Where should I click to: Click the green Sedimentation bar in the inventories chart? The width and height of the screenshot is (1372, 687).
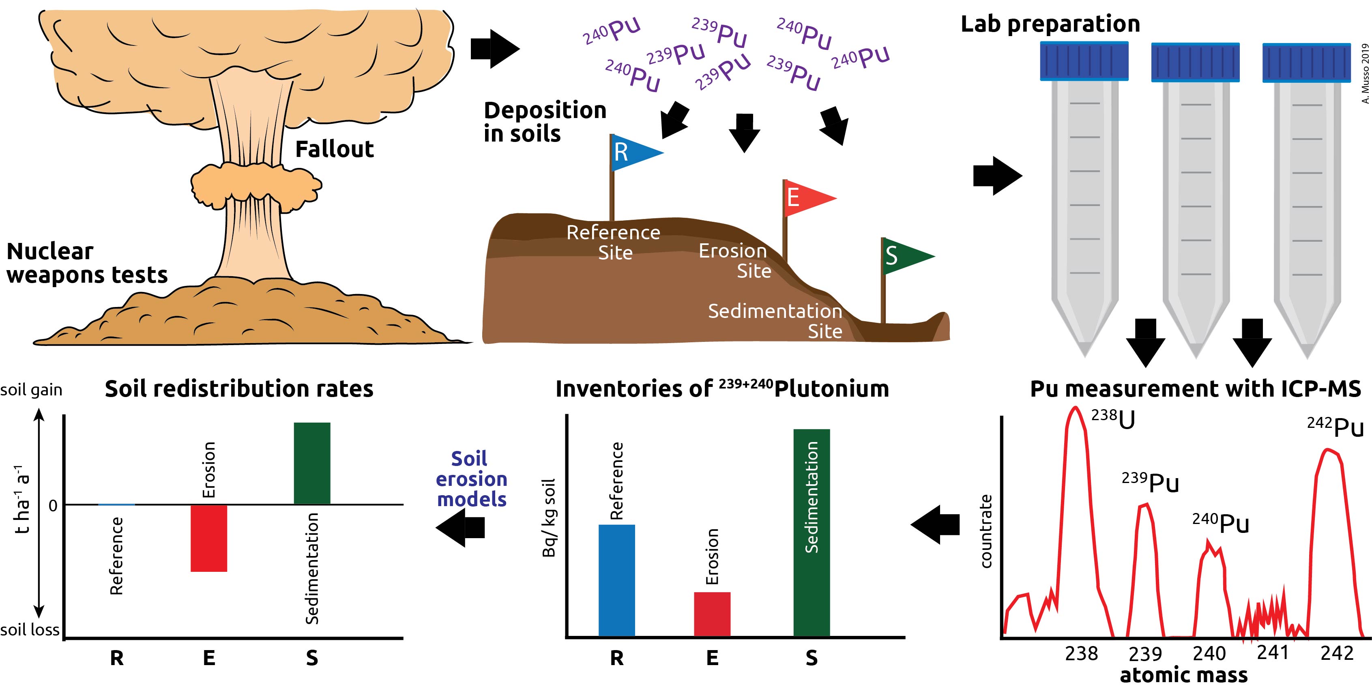point(811,532)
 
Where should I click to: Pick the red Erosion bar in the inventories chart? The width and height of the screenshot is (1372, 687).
point(712,614)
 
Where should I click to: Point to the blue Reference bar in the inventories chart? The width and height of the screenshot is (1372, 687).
point(617,580)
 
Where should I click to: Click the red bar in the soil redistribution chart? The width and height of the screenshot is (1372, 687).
point(209,538)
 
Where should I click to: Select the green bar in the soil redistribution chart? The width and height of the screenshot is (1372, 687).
point(312,463)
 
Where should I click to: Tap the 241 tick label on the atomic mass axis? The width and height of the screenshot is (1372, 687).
point(1272,653)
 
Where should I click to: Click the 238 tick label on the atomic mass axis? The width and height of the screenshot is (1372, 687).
point(1081,653)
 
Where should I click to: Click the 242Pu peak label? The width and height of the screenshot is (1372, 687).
point(1335,427)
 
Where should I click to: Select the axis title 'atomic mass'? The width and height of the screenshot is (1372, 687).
point(1183,675)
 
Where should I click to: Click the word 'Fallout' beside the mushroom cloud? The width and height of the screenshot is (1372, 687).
point(335,149)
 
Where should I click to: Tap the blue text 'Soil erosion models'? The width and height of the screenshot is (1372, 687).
point(471,479)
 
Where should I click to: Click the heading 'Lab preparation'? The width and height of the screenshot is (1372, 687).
point(1050,24)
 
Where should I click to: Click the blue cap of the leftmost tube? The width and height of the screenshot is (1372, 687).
point(1084,61)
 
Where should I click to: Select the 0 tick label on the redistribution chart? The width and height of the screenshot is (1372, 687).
point(53,505)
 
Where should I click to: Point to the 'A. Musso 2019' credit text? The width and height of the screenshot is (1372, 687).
point(1365,73)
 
